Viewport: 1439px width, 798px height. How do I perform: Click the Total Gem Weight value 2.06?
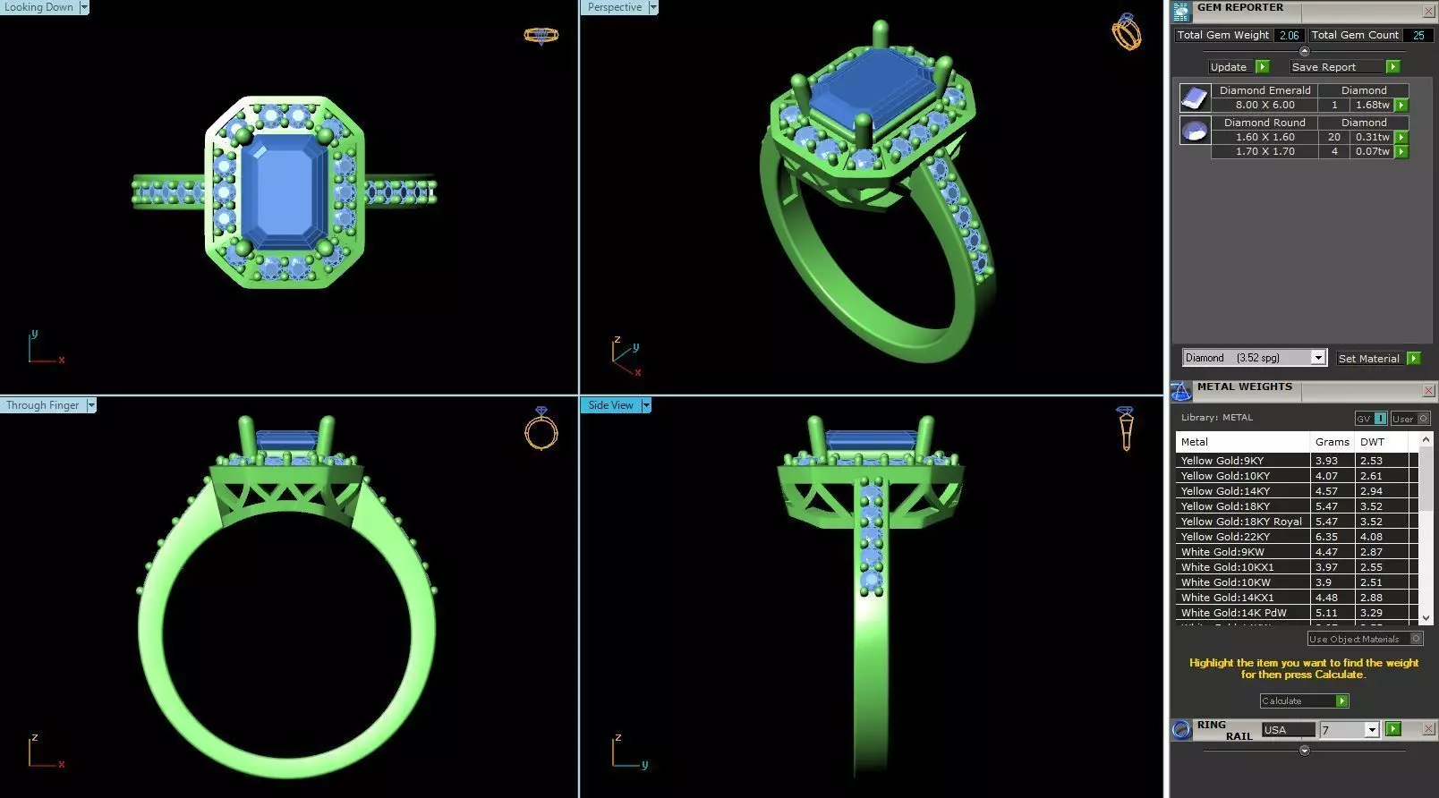click(x=1289, y=35)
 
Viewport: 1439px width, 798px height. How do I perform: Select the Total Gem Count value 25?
click(x=1418, y=35)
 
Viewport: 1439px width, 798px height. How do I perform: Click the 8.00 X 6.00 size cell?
click(x=1264, y=105)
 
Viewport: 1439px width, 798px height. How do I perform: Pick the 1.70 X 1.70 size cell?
click(x=1264, y=151)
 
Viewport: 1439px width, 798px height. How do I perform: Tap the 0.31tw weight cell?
click(x=1372, y=137)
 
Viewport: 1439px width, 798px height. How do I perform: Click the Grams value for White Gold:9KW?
click(x=1326, y=552)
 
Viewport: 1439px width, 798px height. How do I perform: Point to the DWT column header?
click(x=1372, y=442)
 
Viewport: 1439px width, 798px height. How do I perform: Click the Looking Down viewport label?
click(x=39, y=7)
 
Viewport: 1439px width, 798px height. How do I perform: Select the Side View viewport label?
click(x=610, y=405)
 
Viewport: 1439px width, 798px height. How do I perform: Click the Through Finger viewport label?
click(x=42, y=405)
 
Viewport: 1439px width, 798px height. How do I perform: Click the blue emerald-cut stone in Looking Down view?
click(x=285, y=192)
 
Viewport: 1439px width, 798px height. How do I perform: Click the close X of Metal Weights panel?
click(x=1428, y=391)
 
